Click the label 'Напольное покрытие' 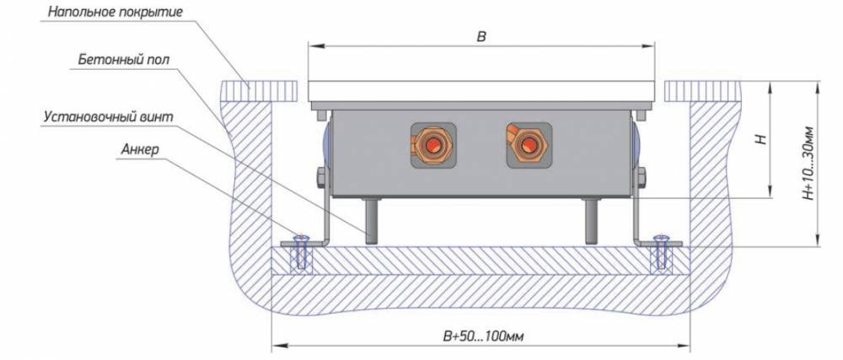[x=115, y=13]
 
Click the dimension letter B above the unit [x=481, y=36]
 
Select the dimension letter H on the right [x=760, y=139]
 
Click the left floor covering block [x=260, y=89]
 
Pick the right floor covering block [x=701, y=89]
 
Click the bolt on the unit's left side [x=321, y=178]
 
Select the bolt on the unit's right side [x=642, y=178]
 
